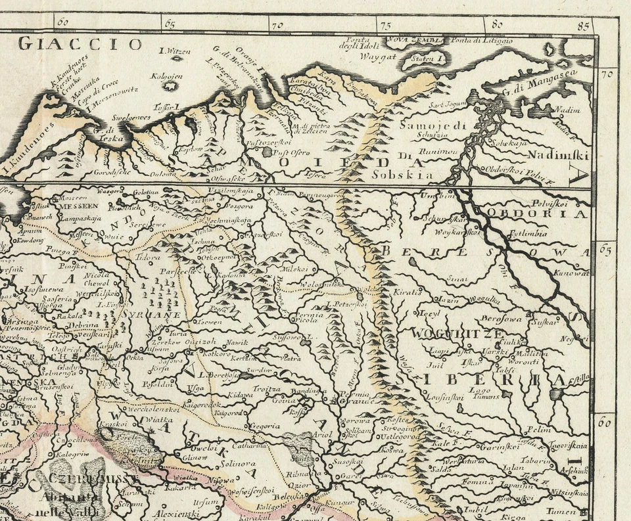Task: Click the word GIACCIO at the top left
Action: click(x=80, y=44)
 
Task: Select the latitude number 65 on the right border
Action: click(x=605, y=250)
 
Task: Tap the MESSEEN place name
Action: click(x=76, y=206)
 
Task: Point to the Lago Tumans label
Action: click(x=484, y=393)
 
